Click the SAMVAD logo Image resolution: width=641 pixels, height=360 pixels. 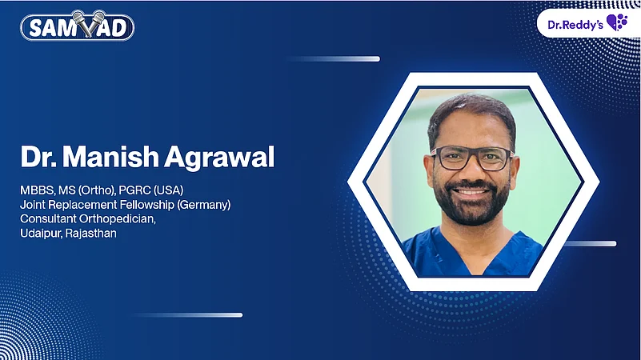(x=77, y=27)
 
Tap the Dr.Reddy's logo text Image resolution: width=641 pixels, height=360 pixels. (x=575, y=22)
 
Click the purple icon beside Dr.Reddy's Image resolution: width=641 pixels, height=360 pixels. (x=618, y=22)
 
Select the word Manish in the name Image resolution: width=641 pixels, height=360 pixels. (x=113, y=158)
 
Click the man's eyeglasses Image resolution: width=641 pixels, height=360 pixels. (x=471, y=158)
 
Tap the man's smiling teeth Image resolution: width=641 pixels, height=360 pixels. (x=471, y=192)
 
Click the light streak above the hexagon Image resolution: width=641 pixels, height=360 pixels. (x=335, y=58)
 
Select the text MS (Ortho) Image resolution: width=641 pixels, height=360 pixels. (x=91, y=190)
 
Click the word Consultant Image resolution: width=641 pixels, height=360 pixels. (x=50, y=219)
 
